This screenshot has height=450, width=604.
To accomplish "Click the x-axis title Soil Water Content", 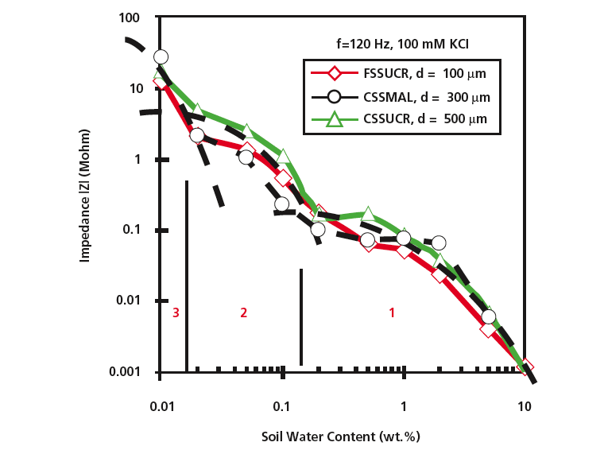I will point(340,437).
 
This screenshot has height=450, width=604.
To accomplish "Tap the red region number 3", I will point(176,312).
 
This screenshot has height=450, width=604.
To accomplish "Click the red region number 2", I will point(243,312).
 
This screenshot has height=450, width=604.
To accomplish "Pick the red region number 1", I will point(391,312).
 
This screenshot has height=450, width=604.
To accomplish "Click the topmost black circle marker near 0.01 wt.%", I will point(161,56).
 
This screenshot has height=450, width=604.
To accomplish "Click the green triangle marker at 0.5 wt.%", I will point(368,214).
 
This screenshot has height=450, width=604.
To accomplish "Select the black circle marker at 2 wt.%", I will point(438,242).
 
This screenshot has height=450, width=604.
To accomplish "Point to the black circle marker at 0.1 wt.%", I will point(282,204).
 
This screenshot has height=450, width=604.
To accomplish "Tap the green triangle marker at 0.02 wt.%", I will point(198,111).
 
